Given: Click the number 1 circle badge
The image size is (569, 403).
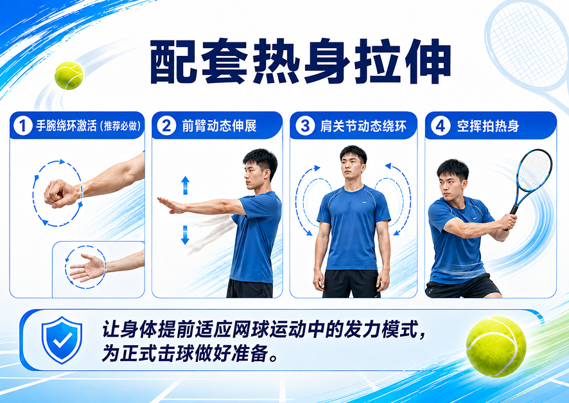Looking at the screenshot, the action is click(x=23, y=126).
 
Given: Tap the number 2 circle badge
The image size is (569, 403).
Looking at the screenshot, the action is click(x=166, y=125).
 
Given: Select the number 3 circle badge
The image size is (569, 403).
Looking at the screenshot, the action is click(x=305, y=126).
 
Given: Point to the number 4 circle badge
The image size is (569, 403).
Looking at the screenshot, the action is click(x=441, y=126).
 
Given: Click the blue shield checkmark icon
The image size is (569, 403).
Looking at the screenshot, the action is click(x=62, y=340).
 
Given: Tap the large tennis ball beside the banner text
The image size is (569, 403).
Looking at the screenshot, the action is click(x=496, y=346).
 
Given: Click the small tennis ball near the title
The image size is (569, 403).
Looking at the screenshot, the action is click(x=69, y=75).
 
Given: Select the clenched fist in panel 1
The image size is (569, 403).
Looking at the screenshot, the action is click(x=60, y=193).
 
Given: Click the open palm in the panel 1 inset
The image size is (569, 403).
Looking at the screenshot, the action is click(x=87, y=268).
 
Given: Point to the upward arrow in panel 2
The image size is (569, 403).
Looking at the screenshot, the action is click(x=186, y=185).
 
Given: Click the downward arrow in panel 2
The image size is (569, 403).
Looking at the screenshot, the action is click(x=185, y=235).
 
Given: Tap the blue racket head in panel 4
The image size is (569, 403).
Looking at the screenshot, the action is click(x=534, y=170).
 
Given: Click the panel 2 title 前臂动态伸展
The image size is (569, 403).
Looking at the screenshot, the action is click(x=219, y=126).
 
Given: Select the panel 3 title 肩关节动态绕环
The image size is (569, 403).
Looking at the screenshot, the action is click(x=363, y=126).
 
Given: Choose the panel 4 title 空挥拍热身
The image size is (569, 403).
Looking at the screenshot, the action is click(x=488, y=126).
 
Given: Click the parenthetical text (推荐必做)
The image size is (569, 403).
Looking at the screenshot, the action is click(x=119, y=126).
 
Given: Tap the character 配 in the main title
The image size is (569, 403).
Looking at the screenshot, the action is click(x=173, y=62).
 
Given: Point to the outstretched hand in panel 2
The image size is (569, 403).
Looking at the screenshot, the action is click(x=171, y=205).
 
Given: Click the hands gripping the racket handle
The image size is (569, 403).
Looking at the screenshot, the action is click(x=508, y=222).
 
